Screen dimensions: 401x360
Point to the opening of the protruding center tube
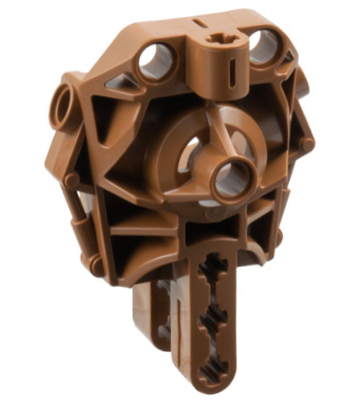(231, 179)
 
